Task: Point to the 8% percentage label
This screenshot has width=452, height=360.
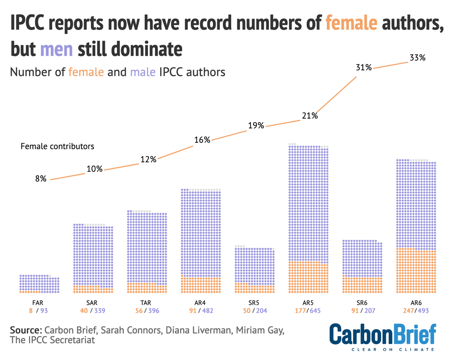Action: click(x=41, y=179)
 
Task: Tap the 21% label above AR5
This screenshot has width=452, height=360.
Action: click(x=310, y=116)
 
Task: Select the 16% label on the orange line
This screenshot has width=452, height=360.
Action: click(x=202, y=140)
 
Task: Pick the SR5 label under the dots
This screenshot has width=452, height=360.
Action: click(x=255, y=303)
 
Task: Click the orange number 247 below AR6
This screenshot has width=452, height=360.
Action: click(x=408, y=311)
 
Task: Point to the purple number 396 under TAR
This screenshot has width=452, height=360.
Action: click(x=154, y=311)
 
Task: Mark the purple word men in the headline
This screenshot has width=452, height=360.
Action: click(x=56, y=49)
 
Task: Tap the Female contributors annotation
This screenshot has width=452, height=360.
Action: click(x=57, y=146)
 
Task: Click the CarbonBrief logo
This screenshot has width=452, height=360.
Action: click(x=383, y=336)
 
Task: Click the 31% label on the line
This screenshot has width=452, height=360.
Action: click(x=363, y=68)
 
